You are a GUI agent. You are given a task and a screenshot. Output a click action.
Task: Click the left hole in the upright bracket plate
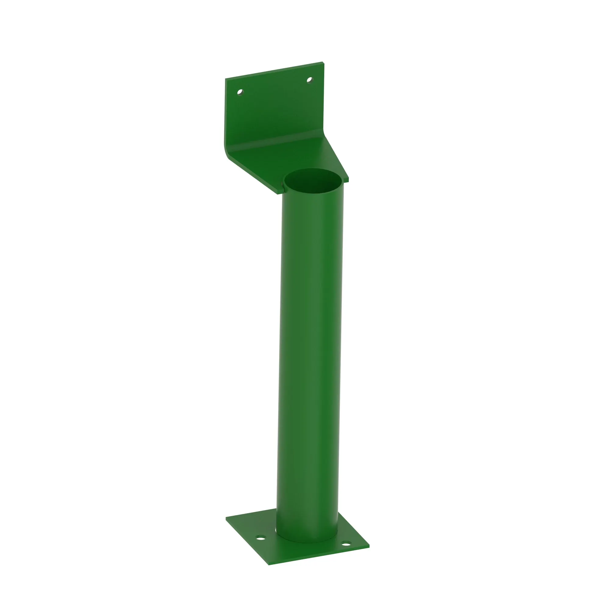(240, 92)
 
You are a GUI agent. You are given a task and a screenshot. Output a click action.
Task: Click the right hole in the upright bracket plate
(309, 80)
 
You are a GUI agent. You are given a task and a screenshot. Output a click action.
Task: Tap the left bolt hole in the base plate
(260, 537)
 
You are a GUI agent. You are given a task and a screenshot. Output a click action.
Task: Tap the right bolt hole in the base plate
(346, 544)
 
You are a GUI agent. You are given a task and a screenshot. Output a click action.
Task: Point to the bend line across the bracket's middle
(275, 139)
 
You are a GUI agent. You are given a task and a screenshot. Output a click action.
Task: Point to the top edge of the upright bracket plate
(275, 70)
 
